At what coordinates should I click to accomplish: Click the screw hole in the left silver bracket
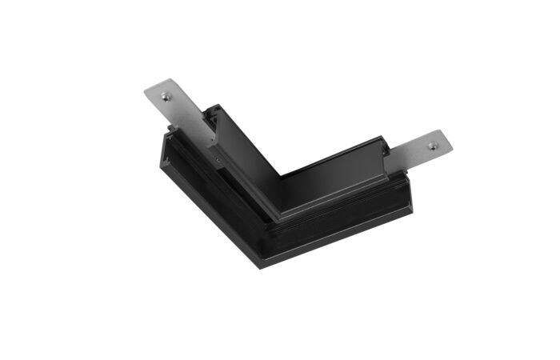[166, 97]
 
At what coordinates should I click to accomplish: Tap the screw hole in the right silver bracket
[433, 146]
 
